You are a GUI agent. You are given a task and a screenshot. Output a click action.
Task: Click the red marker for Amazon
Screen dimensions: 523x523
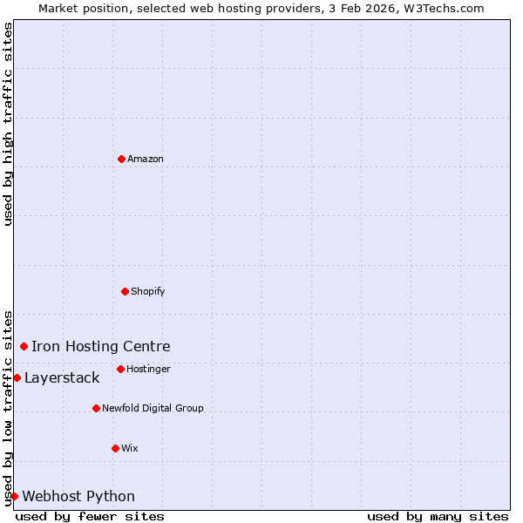click(122, 159)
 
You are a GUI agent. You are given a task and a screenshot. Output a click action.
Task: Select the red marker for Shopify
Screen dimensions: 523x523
click(125, 291)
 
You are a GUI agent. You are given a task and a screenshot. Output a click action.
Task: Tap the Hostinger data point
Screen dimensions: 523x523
click(120, 369)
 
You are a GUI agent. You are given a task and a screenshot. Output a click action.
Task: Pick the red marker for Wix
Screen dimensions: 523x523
click(115, 448)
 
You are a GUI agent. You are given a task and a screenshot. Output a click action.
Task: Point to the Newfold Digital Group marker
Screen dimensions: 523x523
click(96, 408)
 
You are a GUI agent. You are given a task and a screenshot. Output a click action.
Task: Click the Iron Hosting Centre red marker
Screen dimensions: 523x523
click(24, 346)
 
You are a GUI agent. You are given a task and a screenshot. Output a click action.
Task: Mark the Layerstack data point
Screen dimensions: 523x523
click(17, 377)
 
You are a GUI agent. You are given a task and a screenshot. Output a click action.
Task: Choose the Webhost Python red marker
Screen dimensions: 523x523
click(14, 496)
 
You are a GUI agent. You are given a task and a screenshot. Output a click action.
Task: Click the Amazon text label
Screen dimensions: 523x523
click(146, 159)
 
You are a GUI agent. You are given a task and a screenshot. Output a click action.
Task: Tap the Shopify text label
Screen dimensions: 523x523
click(148, 291)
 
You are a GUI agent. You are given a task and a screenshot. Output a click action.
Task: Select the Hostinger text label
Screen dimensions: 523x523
click(148, 369)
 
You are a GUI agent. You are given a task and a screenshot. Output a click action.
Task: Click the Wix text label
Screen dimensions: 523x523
click(130, 448)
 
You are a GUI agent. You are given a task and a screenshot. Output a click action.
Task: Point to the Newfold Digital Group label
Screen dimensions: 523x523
click(153, 408)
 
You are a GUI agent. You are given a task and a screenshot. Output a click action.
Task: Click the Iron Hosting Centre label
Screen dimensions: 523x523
click(101, 347)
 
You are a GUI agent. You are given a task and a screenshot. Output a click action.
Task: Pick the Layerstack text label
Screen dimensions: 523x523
click(62, 378)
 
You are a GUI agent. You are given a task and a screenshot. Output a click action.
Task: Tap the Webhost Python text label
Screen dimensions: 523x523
click(78, 497)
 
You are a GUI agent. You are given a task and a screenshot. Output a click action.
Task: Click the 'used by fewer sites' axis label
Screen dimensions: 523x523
click(90, 516)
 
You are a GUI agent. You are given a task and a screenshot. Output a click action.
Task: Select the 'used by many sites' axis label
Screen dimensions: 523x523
click(438, 516)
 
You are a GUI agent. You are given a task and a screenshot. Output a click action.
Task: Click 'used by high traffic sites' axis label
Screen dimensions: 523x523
click(8, 124)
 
